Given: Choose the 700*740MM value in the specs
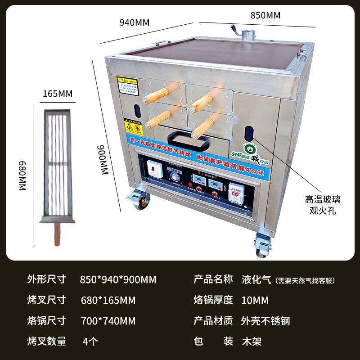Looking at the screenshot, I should (x=108, y=321).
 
